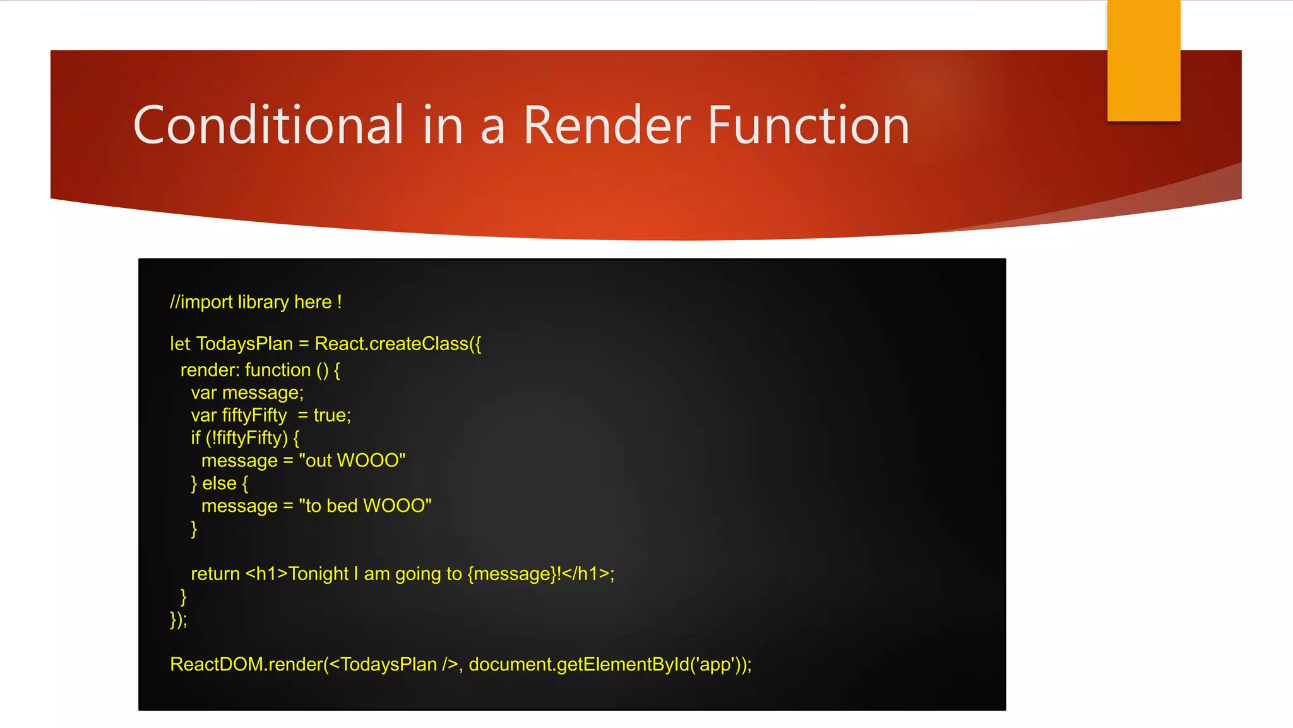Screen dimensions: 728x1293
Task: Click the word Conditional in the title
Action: pyautogui.click(x=268, y=125)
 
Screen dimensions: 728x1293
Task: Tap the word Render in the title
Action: pyautogui.click(x=607, y=125)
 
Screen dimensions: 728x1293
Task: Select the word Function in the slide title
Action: pyautogui.click(x=808, y=125)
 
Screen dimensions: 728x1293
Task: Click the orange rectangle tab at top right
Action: pyautogui.click(x=1143, y=61)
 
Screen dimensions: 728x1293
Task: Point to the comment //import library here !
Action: pyautogui.click(x=256, y=302)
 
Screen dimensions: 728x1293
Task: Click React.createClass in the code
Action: pyautogui.click(x=391, y=344)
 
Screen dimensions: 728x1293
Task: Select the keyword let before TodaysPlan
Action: pyautogui.click(x=180, y=344)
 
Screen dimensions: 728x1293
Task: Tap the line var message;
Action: pyautogui.click(x=247, y=393)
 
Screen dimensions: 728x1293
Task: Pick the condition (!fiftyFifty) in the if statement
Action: pyautogui.click(x=247, y=438)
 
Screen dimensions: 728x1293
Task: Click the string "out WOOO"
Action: pyautogui.click(x=352, y=461)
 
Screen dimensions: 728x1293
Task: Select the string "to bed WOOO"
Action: pyautogui.click(x=365, y=506)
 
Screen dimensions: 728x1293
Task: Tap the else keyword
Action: pyautogui.click(x=219, y=483)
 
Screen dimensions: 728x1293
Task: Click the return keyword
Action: pyautogui.click(x=215, y=574)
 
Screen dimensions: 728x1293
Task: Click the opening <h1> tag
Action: pyautogui.click(x=266, y=574)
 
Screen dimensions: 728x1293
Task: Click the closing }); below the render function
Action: pyautogui.click(x=179, y=619)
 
